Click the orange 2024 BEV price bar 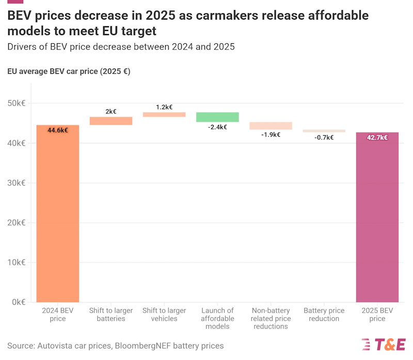coord(57,217)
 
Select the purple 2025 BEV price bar coord(377,219)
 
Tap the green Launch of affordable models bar coord(217,117)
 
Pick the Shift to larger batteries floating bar coord(111,121)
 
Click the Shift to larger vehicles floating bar coord(164,114)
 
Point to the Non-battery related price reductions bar coord(271,125)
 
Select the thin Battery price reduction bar coord(324,131)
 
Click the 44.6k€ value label coord(57,130)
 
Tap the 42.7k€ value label coord(377,138)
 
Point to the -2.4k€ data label coord(217,127)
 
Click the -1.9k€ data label coord(271,135)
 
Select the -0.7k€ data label coord(324,137)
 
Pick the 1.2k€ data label coord(164,107)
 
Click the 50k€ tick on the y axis coord(17,103)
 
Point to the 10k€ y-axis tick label coord(17,263)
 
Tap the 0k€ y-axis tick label coord(18,302)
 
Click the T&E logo coord(384,345)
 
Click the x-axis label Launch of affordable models coord(217,318)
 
